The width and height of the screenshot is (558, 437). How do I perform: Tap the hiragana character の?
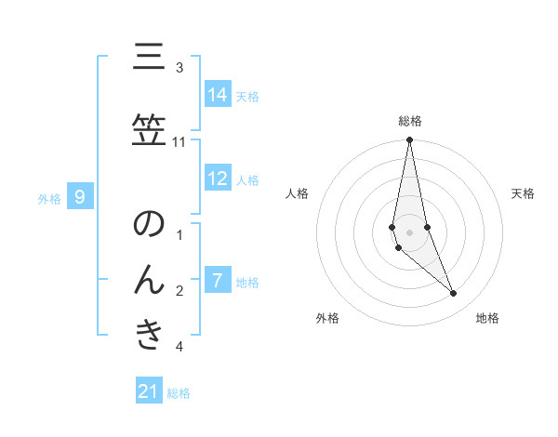tap(149, 225)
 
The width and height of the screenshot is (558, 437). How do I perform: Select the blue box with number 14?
tap(218, 95)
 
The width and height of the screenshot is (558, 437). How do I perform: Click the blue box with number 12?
tap(218, 179)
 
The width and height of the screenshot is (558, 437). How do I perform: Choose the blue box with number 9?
tap(81, 196)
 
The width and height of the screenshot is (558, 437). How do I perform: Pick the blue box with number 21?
tap(149, 391)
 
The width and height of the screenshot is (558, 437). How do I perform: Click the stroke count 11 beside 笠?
tap(179, 141)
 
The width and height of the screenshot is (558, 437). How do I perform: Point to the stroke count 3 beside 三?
tap(179, 68)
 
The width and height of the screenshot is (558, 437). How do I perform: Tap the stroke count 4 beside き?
tap(179, 347)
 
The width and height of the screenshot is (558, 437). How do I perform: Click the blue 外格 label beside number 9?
tap(49, 198)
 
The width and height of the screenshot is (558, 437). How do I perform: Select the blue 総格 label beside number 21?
tap(179, 393)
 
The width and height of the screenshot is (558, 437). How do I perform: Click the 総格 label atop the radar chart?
tap(410, 121)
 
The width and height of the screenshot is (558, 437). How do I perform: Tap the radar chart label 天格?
tap(524, 193)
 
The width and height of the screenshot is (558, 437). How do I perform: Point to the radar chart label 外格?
tap(327, 318)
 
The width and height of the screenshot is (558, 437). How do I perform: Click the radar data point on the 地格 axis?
tap(454, 294)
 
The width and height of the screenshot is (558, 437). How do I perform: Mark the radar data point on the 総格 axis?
tap(409, 139)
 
